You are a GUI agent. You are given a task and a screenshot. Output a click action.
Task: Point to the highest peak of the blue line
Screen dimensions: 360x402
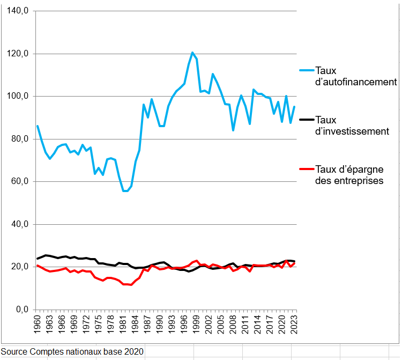coord(192,53)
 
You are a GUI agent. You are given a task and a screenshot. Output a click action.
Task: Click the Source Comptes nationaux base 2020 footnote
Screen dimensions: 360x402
coord(72,351)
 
